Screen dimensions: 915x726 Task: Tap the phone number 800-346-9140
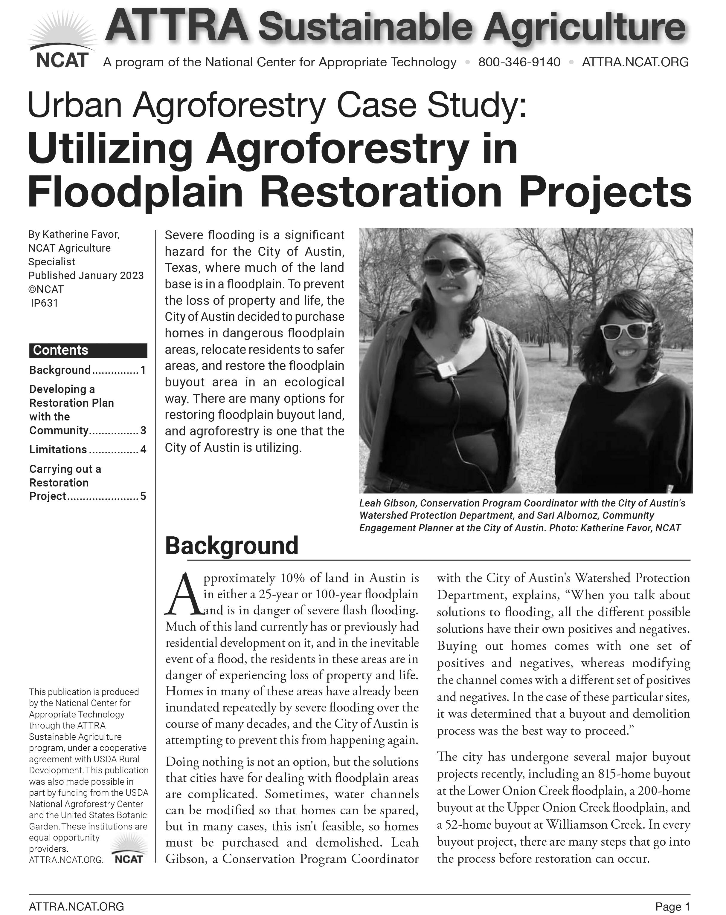[519, 62]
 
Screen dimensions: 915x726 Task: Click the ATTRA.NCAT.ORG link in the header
[635, 62]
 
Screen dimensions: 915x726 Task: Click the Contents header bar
[88, 350]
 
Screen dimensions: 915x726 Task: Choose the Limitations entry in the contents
[58, 449]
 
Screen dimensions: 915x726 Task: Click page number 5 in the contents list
[143, 496]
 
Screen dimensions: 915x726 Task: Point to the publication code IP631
[44, 303]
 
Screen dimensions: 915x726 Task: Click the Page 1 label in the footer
[672, 907]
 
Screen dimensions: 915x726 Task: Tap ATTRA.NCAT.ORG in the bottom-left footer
[77, 907]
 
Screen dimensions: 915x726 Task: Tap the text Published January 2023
[86, 276]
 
